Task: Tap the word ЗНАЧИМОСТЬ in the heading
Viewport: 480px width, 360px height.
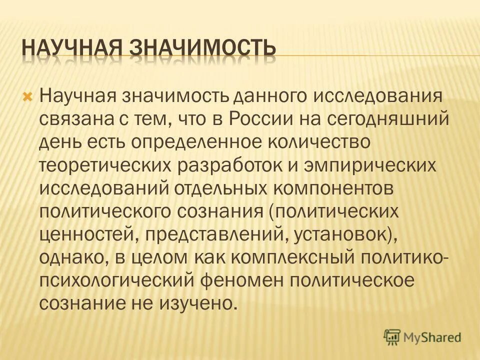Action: tap(203, 48)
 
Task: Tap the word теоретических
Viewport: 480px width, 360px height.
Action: tap(103, 165)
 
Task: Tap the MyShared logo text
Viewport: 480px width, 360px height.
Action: tap(433, 337)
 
